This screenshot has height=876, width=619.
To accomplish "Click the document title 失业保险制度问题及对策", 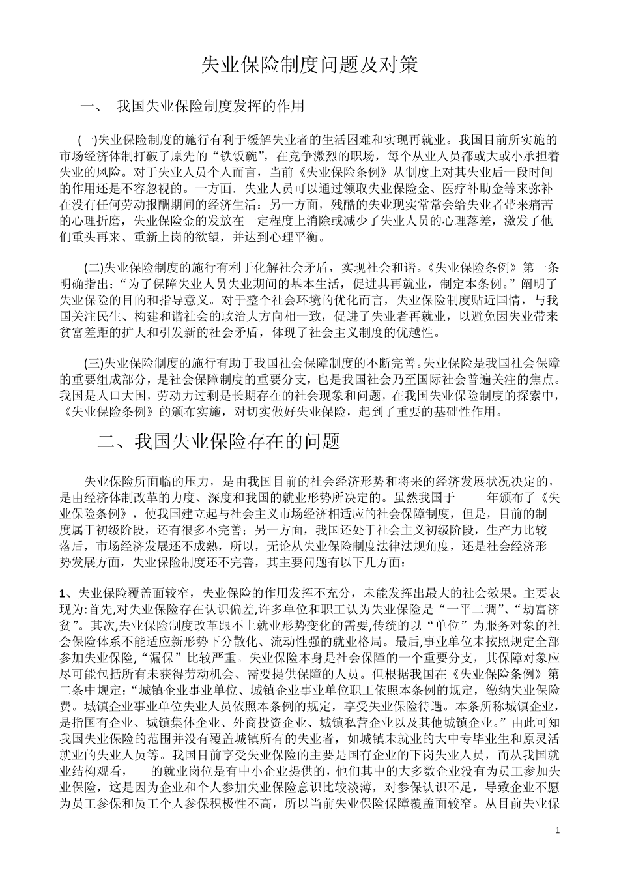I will (309, 65).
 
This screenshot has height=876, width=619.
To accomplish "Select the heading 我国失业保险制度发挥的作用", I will (210, 106).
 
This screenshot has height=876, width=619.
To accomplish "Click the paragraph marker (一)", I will (87, 139).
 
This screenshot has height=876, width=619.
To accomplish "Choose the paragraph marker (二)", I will (94, 267).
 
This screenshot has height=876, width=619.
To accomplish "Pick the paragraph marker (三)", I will (94, 362).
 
